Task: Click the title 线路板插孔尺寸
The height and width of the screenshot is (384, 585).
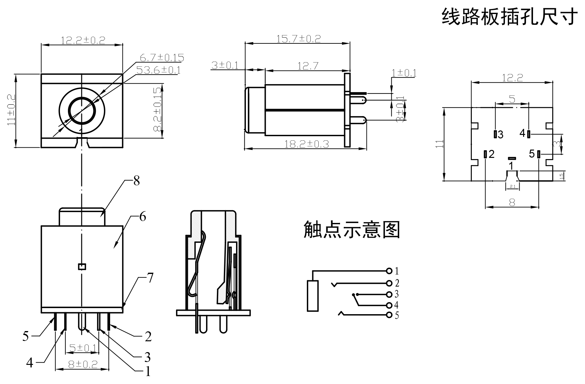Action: (x=509, y=17)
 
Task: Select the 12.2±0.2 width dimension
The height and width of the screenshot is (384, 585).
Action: (x=83, y=40)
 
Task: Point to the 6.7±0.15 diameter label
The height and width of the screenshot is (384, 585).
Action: (x=162, y=58)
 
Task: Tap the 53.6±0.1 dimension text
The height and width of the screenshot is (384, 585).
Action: (x=158, y=70)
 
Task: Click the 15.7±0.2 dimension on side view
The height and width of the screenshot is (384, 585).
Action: (x=299, y=39)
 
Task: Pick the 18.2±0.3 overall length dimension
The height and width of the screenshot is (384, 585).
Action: (x=307, y=144)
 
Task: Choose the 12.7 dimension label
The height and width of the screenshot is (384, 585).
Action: (x=308, y=66)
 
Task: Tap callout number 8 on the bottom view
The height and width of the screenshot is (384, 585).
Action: (x=137, y=181)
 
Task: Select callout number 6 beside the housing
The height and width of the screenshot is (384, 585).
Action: (x=143, y=217)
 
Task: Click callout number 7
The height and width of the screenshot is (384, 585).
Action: (x=150, y=278)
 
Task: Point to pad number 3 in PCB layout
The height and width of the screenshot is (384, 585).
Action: (x=495, y=134)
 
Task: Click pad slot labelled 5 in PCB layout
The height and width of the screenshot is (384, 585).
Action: (x=538, y=154)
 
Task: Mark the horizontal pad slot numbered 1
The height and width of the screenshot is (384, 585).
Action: (x=512, y=158)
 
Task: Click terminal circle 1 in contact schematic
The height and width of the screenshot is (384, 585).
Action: (x=389, y=271)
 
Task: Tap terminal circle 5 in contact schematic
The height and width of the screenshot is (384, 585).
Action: (x=389, y=315)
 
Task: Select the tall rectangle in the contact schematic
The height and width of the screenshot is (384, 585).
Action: (x=313, y=296)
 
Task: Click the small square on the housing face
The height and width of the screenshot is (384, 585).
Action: (x=82, y=267)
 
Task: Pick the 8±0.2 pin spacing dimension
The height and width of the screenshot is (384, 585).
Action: (x=83, y=364)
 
